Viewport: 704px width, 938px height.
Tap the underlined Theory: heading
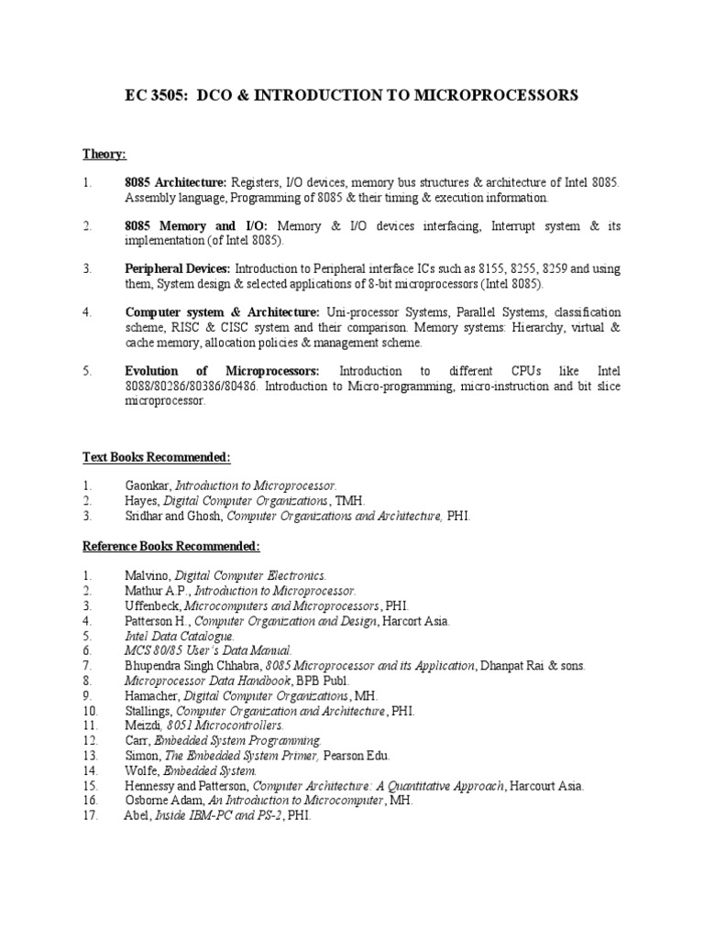point(104,154)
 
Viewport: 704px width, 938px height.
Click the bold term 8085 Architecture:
point(176,183)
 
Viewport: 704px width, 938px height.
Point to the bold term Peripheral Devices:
point(178,269)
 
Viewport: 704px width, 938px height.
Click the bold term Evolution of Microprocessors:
point(222,371)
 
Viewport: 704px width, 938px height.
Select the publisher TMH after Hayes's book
point(349,501)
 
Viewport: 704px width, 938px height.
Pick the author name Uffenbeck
point(153,605)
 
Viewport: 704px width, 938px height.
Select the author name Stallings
point(148,710)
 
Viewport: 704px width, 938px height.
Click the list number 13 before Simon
point(90,755)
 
